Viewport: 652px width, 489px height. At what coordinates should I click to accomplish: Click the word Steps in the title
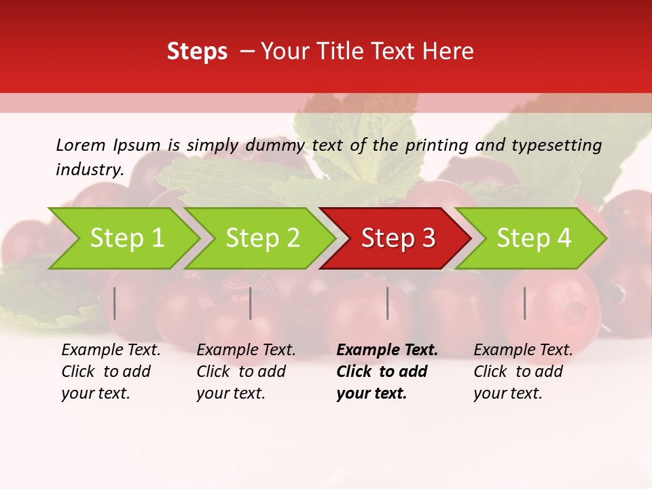(197, 52)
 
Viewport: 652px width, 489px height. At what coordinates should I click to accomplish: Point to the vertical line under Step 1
(115, 303)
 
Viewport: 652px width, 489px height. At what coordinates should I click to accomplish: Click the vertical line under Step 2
(251, 303)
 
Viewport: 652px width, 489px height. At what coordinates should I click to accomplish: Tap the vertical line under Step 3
(387, 303)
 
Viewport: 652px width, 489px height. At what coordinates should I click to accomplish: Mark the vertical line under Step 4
(525, 303)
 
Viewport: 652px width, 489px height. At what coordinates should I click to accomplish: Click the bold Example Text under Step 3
(387, 350)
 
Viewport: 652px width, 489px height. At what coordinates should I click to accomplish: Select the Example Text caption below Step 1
(111, 350)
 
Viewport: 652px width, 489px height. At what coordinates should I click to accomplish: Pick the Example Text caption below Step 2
(246, 350)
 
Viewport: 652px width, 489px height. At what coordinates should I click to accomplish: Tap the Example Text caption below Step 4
(523, 350)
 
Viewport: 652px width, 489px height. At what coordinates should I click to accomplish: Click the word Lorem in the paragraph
(81, 145)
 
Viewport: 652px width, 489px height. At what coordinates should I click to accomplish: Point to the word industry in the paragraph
(90, 169)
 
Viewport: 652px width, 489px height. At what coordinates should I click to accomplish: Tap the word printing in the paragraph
(435, 145)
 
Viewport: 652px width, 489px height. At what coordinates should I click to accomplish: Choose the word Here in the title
(452, 52)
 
